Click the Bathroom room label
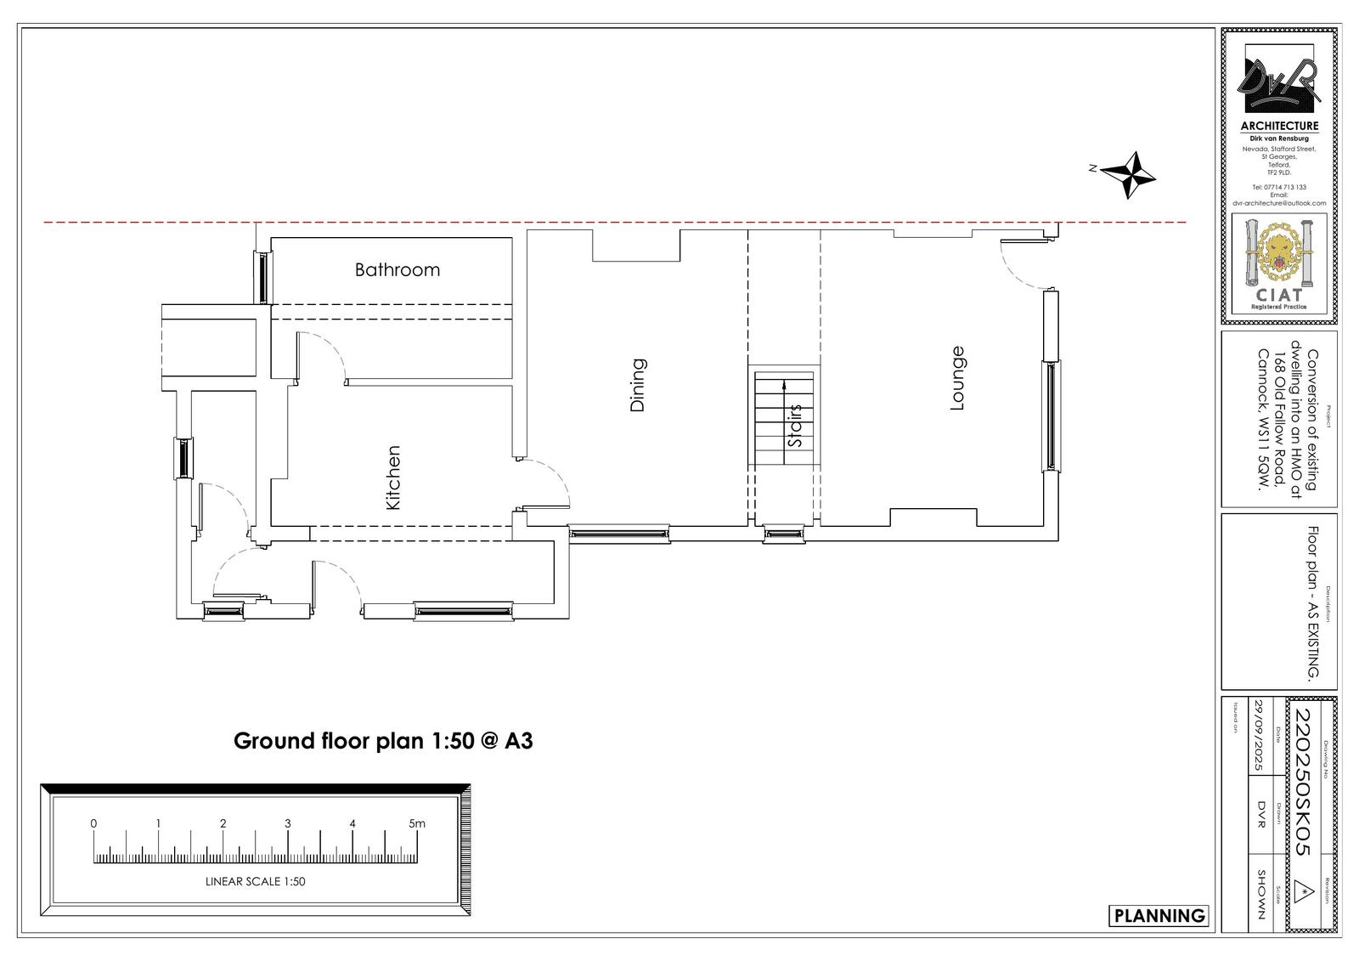point(398,269)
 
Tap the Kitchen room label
point(392,478)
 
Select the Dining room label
point(638,385)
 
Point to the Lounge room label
point(957,378)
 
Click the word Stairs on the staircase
point(795,426)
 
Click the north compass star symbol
point(1129,175)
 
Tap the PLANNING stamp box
point(1159,915)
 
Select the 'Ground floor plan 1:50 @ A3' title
point(383,741)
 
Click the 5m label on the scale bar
point(416,823)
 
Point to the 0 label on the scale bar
point(93,823)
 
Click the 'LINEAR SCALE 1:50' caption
point(255,882)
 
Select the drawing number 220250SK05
point(1302,781)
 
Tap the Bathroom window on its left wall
point(262,277)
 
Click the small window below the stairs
point(783,535)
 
